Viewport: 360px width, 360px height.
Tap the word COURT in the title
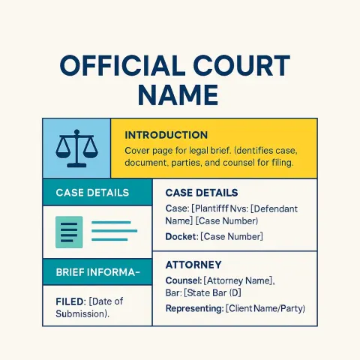click(x=241, y=66)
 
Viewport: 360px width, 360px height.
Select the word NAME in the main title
click(x=178, y=95)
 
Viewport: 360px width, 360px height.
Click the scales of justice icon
click(x=76, y=148)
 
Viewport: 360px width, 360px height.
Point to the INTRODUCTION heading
click(x=166, y=135)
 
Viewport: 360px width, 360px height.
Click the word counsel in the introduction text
click(x=238, y=163)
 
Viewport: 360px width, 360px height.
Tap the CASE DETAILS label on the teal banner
click(x=92, y=193)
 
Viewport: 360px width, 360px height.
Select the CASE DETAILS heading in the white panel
click(x=202, y=193)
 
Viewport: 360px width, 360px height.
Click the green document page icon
click(x=69, y=232)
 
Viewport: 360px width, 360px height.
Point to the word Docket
click(x=181, y=236)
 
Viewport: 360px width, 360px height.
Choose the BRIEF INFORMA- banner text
click(x=97, y=272)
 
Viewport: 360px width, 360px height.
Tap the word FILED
click(x=70, y=301)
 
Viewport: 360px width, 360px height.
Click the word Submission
click(x=80, y=313)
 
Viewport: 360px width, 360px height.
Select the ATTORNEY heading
click(x=193, y=265)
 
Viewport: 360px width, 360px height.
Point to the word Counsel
click(x=183, y=280)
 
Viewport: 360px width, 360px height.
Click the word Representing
click(x=194, y=309)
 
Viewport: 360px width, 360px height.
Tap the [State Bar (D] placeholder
click(x=212, y=292)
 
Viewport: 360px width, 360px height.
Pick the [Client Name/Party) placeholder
click(x=265, y=308)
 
